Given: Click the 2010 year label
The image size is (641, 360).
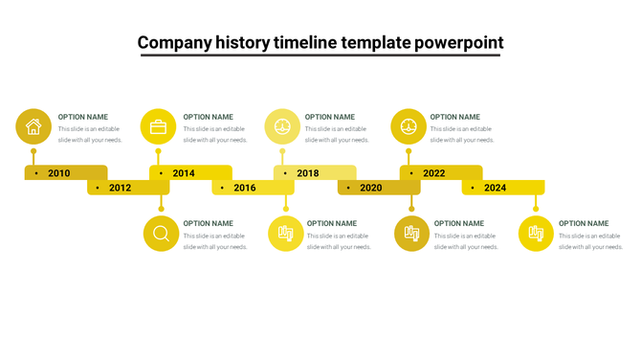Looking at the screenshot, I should coord(59,173).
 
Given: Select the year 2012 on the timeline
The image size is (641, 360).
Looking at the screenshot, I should coord(120,188).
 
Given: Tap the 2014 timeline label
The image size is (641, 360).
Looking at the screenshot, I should coord(184,173).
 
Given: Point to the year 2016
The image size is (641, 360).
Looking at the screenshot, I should coord(245,188).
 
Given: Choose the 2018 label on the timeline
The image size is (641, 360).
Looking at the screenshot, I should coord(308,173).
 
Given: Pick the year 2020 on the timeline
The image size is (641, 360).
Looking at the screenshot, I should coord(370,188).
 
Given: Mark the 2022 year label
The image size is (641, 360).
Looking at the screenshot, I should coord(434,173).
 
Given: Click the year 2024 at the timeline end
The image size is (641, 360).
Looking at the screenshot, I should coord(495,188).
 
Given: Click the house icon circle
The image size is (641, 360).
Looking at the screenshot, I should coord(33,126).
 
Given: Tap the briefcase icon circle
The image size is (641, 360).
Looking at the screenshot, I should coord(158,126).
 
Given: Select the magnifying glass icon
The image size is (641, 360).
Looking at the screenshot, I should coord(161,234).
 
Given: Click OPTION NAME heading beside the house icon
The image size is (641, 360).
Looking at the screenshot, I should coord(82,117).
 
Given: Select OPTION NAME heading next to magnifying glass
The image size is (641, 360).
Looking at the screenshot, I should coord(209,223).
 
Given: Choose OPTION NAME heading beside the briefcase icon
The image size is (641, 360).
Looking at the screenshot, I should coord(209,117).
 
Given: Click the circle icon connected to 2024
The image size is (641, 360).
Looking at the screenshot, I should coord(536,234).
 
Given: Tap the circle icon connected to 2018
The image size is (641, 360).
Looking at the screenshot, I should coord(282,126).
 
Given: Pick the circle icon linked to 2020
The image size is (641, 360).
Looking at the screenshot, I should coord(411,234).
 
